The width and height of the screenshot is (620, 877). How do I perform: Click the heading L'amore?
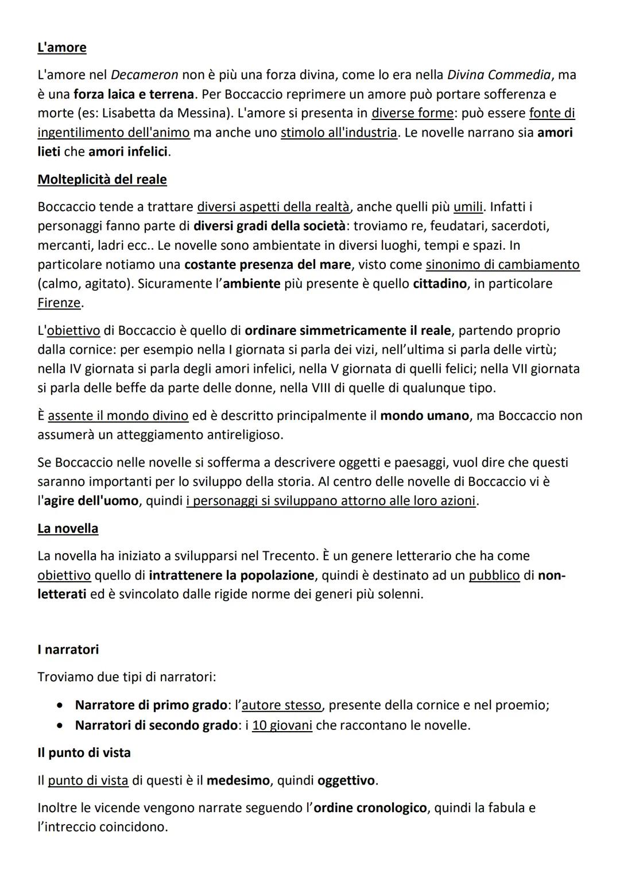[x=62, y=47]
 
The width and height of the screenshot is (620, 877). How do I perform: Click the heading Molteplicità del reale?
[x=102, y=179]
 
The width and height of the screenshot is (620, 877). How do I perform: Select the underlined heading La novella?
[x=68, y=528]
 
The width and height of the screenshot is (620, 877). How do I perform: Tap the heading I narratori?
[x=68, y=649]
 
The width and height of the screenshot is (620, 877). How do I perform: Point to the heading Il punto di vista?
[x=84, y=752]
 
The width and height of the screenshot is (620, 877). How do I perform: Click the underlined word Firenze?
[x=59, y=303]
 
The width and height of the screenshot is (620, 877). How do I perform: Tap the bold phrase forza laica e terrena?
[x=134, y=94]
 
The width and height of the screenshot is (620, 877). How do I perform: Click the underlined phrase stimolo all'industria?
[x=339, y=133]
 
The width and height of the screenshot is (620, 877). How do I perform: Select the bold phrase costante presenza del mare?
[x=267, y=265]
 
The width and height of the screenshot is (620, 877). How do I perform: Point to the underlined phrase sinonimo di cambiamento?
[x=502, y=265]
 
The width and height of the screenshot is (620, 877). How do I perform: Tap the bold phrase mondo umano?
[x=424, y=416]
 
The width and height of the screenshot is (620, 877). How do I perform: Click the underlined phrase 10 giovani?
[x=282, y=725]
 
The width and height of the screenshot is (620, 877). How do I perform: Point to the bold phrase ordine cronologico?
[x=370, y=808]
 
